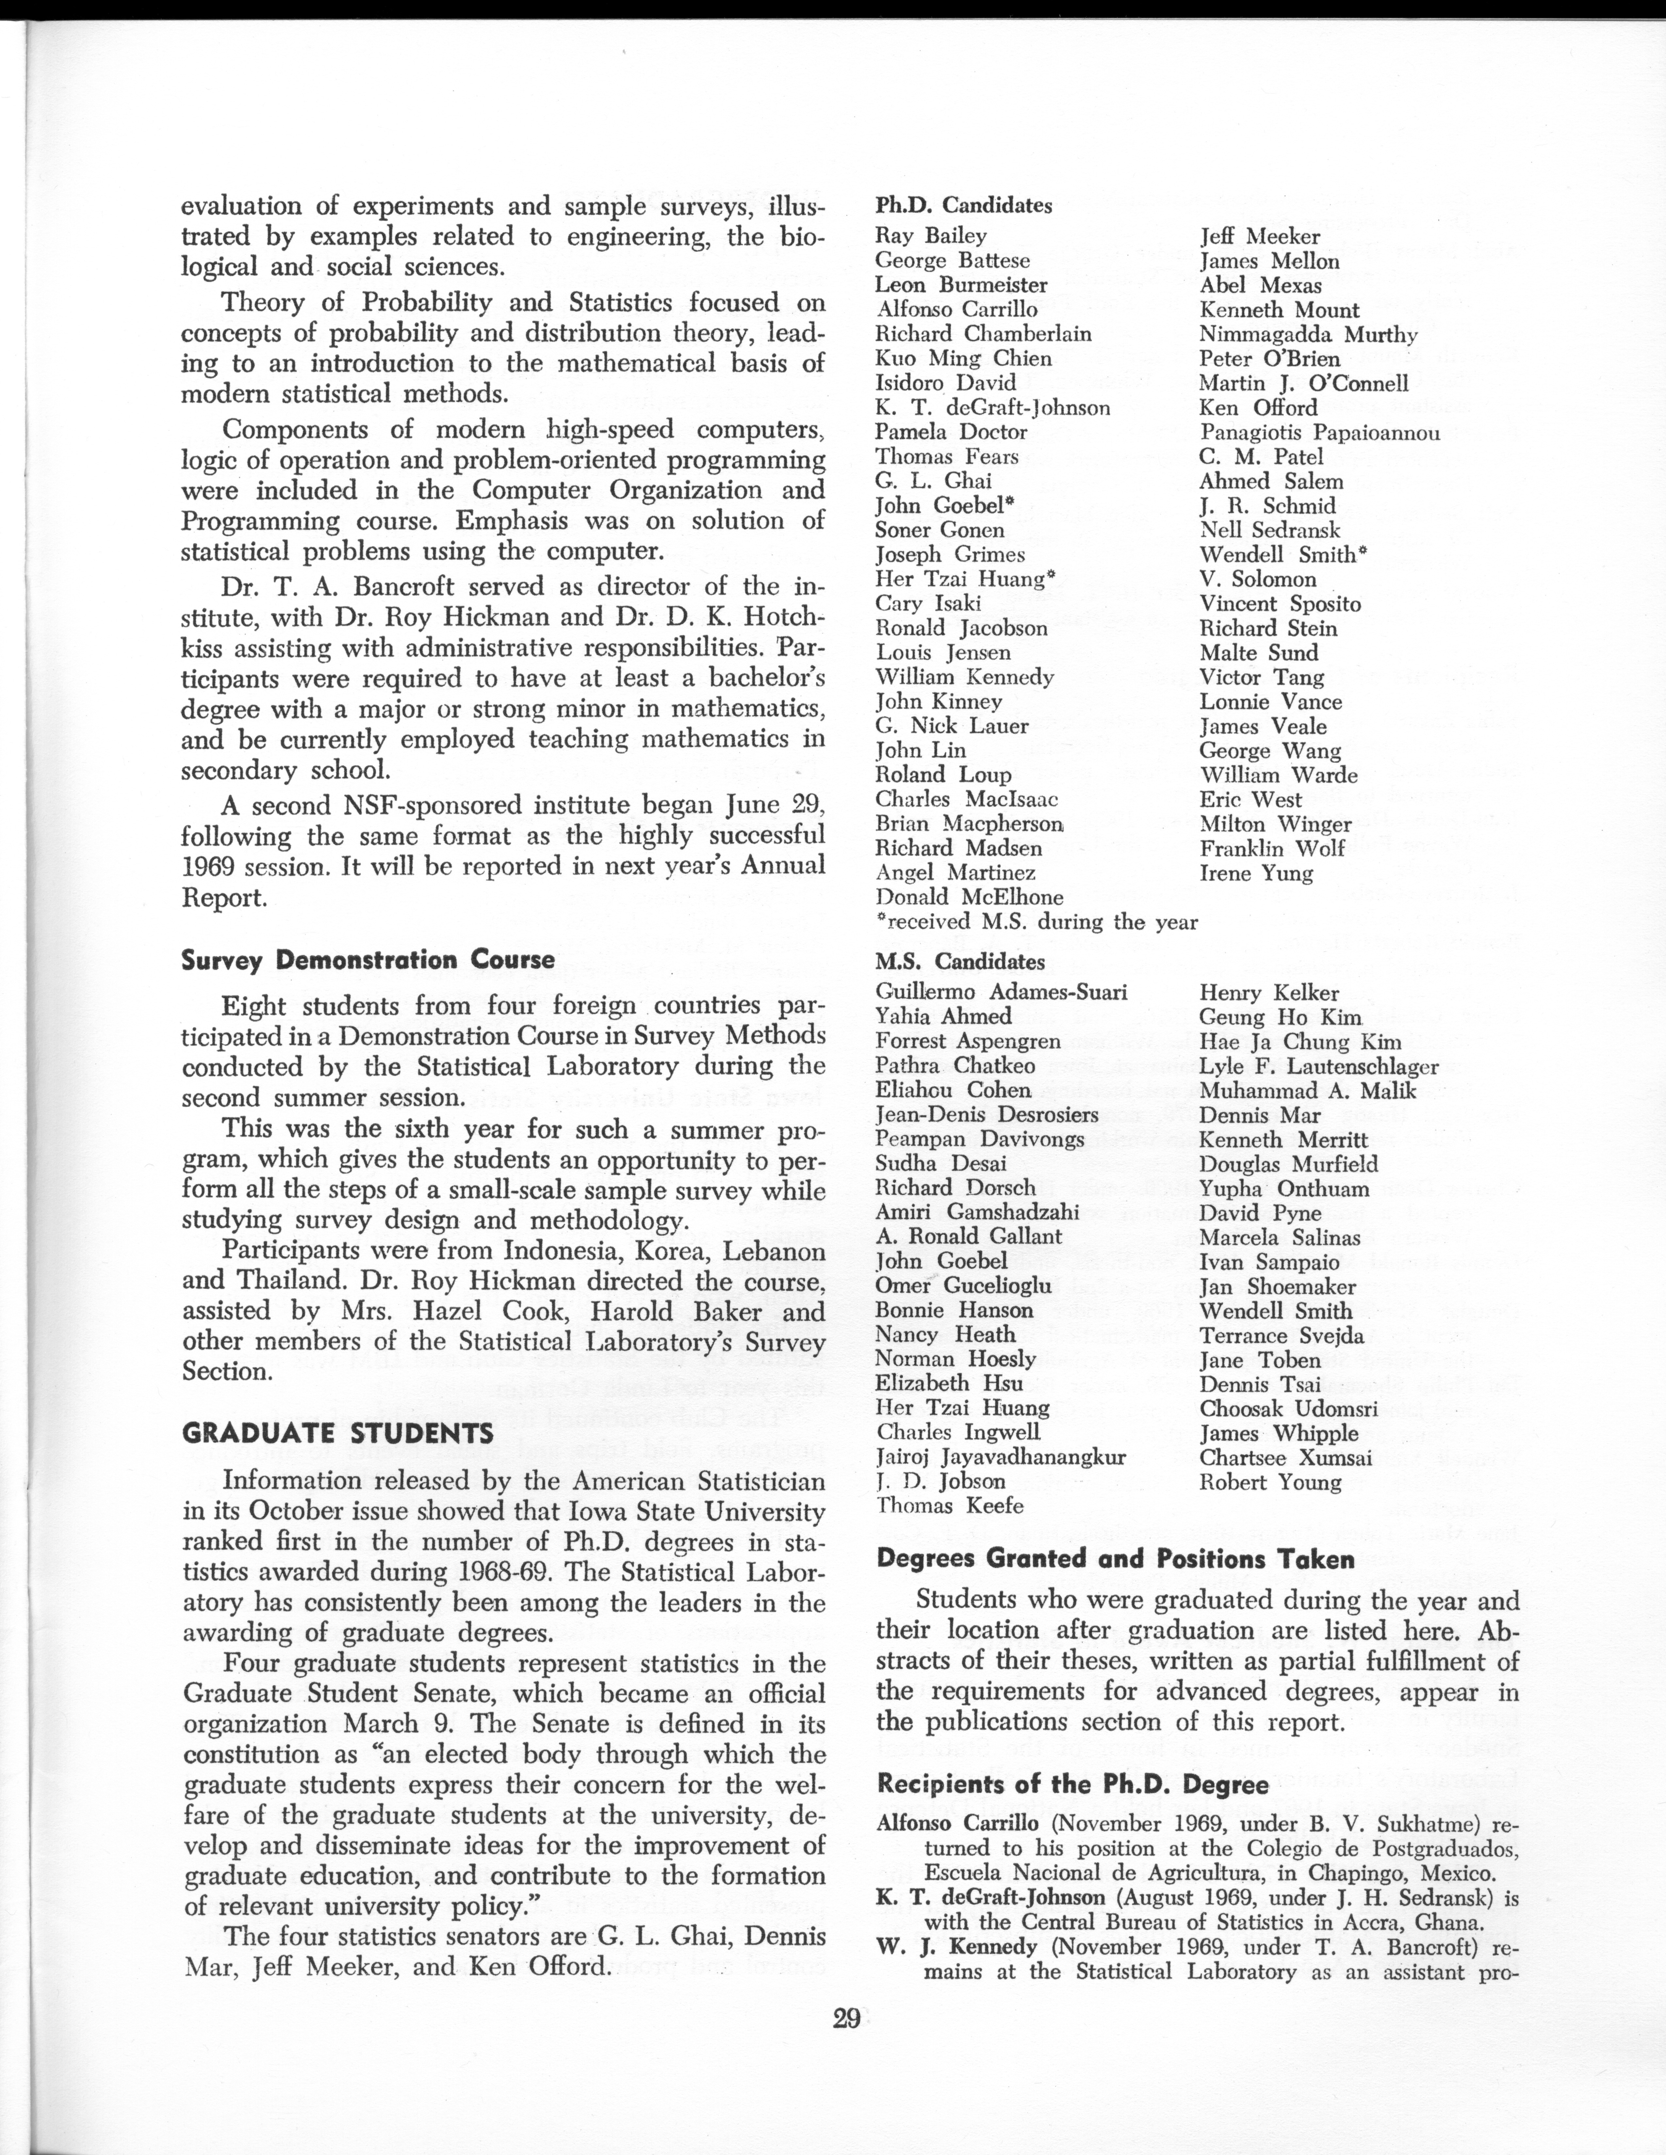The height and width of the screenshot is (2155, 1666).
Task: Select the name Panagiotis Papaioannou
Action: pos(1320,432)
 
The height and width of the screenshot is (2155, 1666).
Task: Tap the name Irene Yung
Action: pos(1256,873)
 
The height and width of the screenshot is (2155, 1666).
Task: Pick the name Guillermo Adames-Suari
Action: pos(1001,993)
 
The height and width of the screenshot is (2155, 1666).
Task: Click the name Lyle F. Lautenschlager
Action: pos(1318,1067)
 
